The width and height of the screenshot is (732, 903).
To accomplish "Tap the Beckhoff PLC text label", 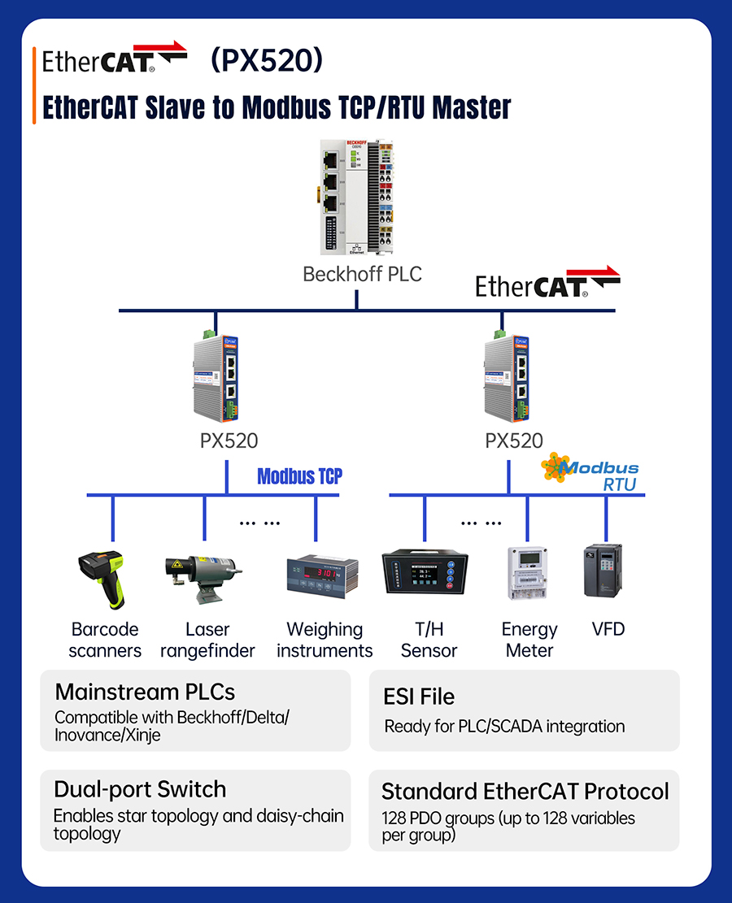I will (362, 274).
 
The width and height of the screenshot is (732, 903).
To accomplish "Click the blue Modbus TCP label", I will (299, 476).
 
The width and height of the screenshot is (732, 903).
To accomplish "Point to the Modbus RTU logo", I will (592, 472).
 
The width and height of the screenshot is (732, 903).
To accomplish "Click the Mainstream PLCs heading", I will (145, 692).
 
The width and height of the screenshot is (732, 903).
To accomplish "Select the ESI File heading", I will (419, 697).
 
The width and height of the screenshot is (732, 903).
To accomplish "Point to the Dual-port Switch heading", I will (140, 789).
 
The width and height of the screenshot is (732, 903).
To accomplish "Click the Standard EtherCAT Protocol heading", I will (525, 791).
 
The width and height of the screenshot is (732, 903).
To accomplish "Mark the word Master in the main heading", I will (472, 107).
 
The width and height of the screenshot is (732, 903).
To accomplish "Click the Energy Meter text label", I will (529, 640).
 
